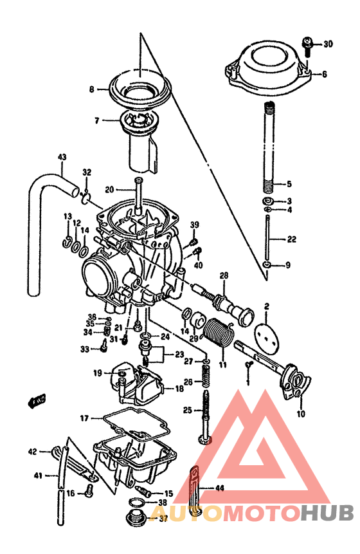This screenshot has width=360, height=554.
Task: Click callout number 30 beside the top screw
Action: (328, 44)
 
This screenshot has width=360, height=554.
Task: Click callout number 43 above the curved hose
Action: (62, 156)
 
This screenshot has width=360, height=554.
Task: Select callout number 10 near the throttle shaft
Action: (301, 414)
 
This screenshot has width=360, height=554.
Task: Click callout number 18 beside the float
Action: (179, 389)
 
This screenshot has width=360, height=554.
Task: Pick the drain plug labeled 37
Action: (136, 518)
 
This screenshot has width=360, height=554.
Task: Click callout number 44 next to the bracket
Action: (220, 488)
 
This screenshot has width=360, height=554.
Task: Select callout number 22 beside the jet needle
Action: (291, 239)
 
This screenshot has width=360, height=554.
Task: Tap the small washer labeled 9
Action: (267, 265)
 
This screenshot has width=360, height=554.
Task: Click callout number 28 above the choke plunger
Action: (224, 276)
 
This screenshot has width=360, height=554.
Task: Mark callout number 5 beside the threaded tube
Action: (289, 183)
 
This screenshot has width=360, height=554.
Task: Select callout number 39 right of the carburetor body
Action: (194, 224)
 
